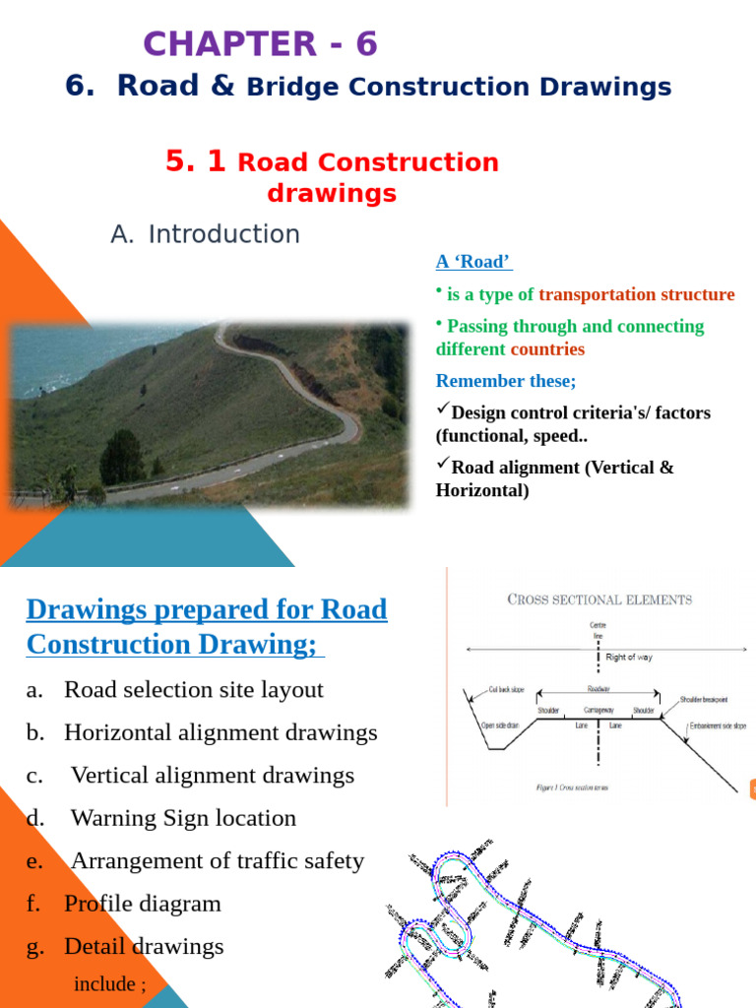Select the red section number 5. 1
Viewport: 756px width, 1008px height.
pos(196,161)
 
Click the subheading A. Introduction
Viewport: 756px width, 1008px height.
pos(205,234)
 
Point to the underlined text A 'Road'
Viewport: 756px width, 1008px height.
pos(473,262)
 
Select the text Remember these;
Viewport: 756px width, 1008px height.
pos(506,381)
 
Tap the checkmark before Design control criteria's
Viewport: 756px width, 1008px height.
pos(442,409)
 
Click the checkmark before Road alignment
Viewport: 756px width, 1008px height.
pos(442,465)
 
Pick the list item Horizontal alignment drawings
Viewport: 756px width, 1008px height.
pos(220,732)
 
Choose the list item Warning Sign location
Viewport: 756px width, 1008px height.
pos(183,818)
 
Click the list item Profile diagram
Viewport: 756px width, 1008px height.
pos(143,904)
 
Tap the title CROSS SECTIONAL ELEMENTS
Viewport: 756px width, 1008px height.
pos(598,598)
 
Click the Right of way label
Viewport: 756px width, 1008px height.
pos(628,657)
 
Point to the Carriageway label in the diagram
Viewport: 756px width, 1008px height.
pos(598,710)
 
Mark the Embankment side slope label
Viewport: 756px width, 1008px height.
pos(718,725)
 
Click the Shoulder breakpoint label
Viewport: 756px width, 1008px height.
pos(703,699)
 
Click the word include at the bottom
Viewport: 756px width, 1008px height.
pos(104,983)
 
